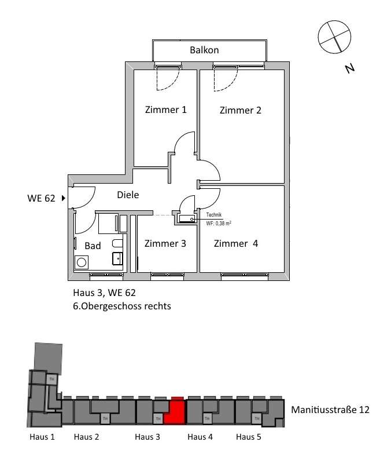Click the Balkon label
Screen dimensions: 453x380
coord(204,50)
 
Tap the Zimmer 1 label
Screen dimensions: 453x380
coord(165,110)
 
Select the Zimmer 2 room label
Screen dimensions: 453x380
coord(241,111)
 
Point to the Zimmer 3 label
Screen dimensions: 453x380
coord(165,244)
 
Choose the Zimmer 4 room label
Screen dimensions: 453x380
coord(235,244)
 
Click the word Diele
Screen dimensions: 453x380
coord(128,195)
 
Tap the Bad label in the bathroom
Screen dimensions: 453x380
coord(93,246)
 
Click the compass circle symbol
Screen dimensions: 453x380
coord(335,36)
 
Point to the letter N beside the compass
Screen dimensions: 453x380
coord(349,68)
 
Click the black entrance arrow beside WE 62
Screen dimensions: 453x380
coord(62,198)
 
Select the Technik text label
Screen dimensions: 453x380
coord(214,215)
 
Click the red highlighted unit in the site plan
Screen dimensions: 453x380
coord(174,412)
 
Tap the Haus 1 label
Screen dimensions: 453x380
coord(42,437)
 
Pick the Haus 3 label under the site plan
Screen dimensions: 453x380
coord(147,437)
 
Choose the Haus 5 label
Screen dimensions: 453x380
coord(249,437)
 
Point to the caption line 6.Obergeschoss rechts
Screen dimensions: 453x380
coord(122,306)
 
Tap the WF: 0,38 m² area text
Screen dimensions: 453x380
coord(219,222)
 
